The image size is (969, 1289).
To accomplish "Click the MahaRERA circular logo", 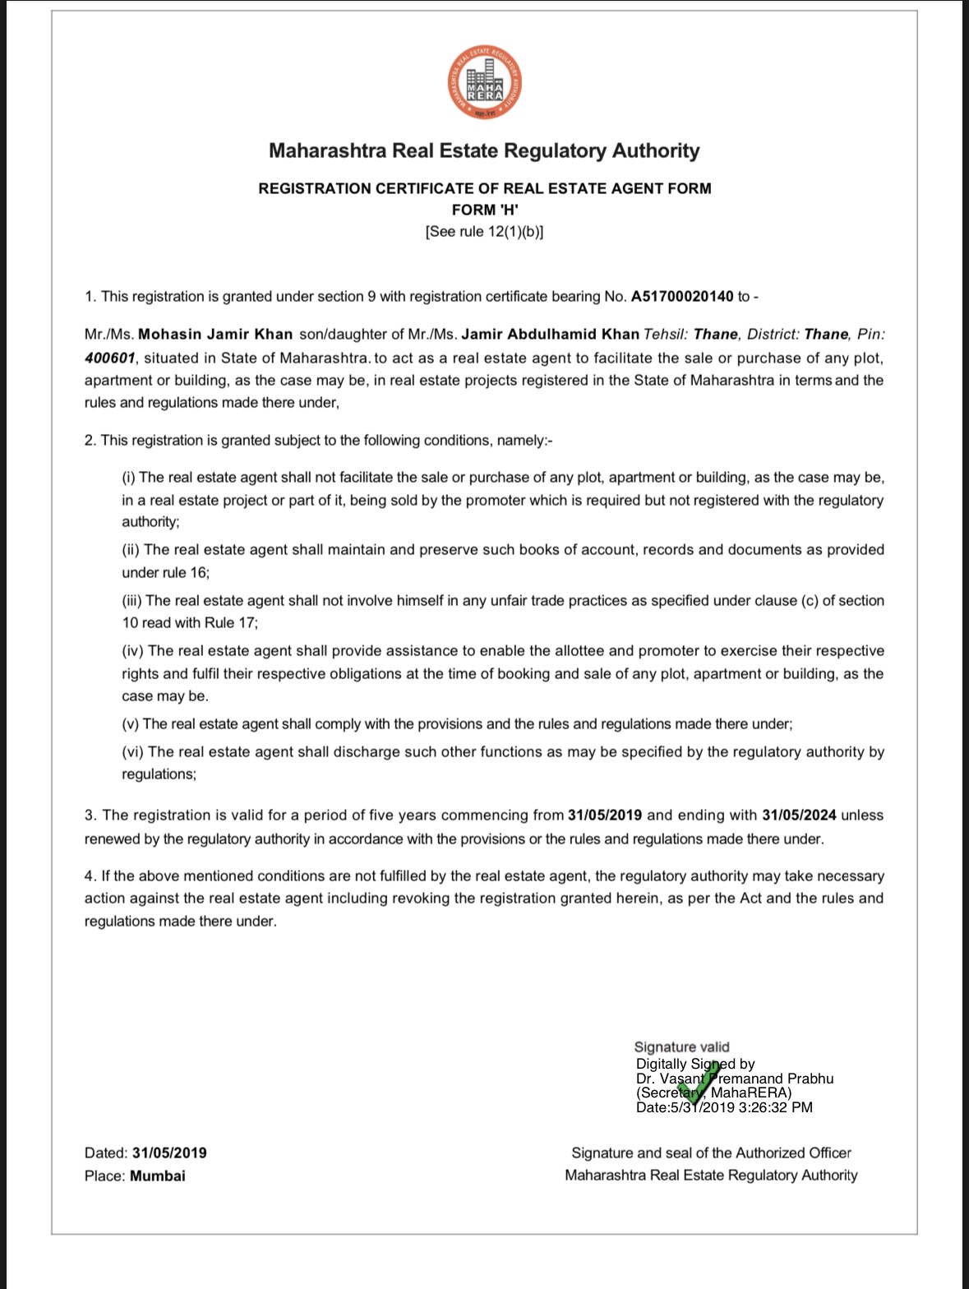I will [x=484, y=85].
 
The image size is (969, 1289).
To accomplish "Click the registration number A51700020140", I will [x=682, y=297].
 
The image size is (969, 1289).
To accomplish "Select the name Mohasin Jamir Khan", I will [x=215, y=335].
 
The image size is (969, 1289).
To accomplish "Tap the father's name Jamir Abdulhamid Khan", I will [x=550, y=335].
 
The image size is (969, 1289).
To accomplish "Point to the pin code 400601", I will [x=109, y=358].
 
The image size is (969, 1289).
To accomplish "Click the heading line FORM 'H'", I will [x=485, y=210].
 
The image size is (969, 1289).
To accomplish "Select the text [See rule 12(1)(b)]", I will [x=485, y=232].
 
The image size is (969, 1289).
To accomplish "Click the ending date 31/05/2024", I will [x=799, y=815].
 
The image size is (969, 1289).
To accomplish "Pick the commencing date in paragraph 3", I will [x=604, y=815].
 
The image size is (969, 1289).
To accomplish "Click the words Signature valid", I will [x=681, y=1046].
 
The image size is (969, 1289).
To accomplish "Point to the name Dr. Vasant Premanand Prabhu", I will [x=735, y=1079].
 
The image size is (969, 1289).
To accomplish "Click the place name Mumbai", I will [x=158, y=1176].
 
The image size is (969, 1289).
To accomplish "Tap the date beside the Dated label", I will [x=169, y=1153].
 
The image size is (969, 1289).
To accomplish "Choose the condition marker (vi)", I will [x=133, y=752].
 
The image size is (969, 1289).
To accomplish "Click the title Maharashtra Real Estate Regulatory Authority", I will [x=485, y=151].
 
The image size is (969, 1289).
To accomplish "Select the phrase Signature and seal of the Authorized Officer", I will [x=711, y=1153].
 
